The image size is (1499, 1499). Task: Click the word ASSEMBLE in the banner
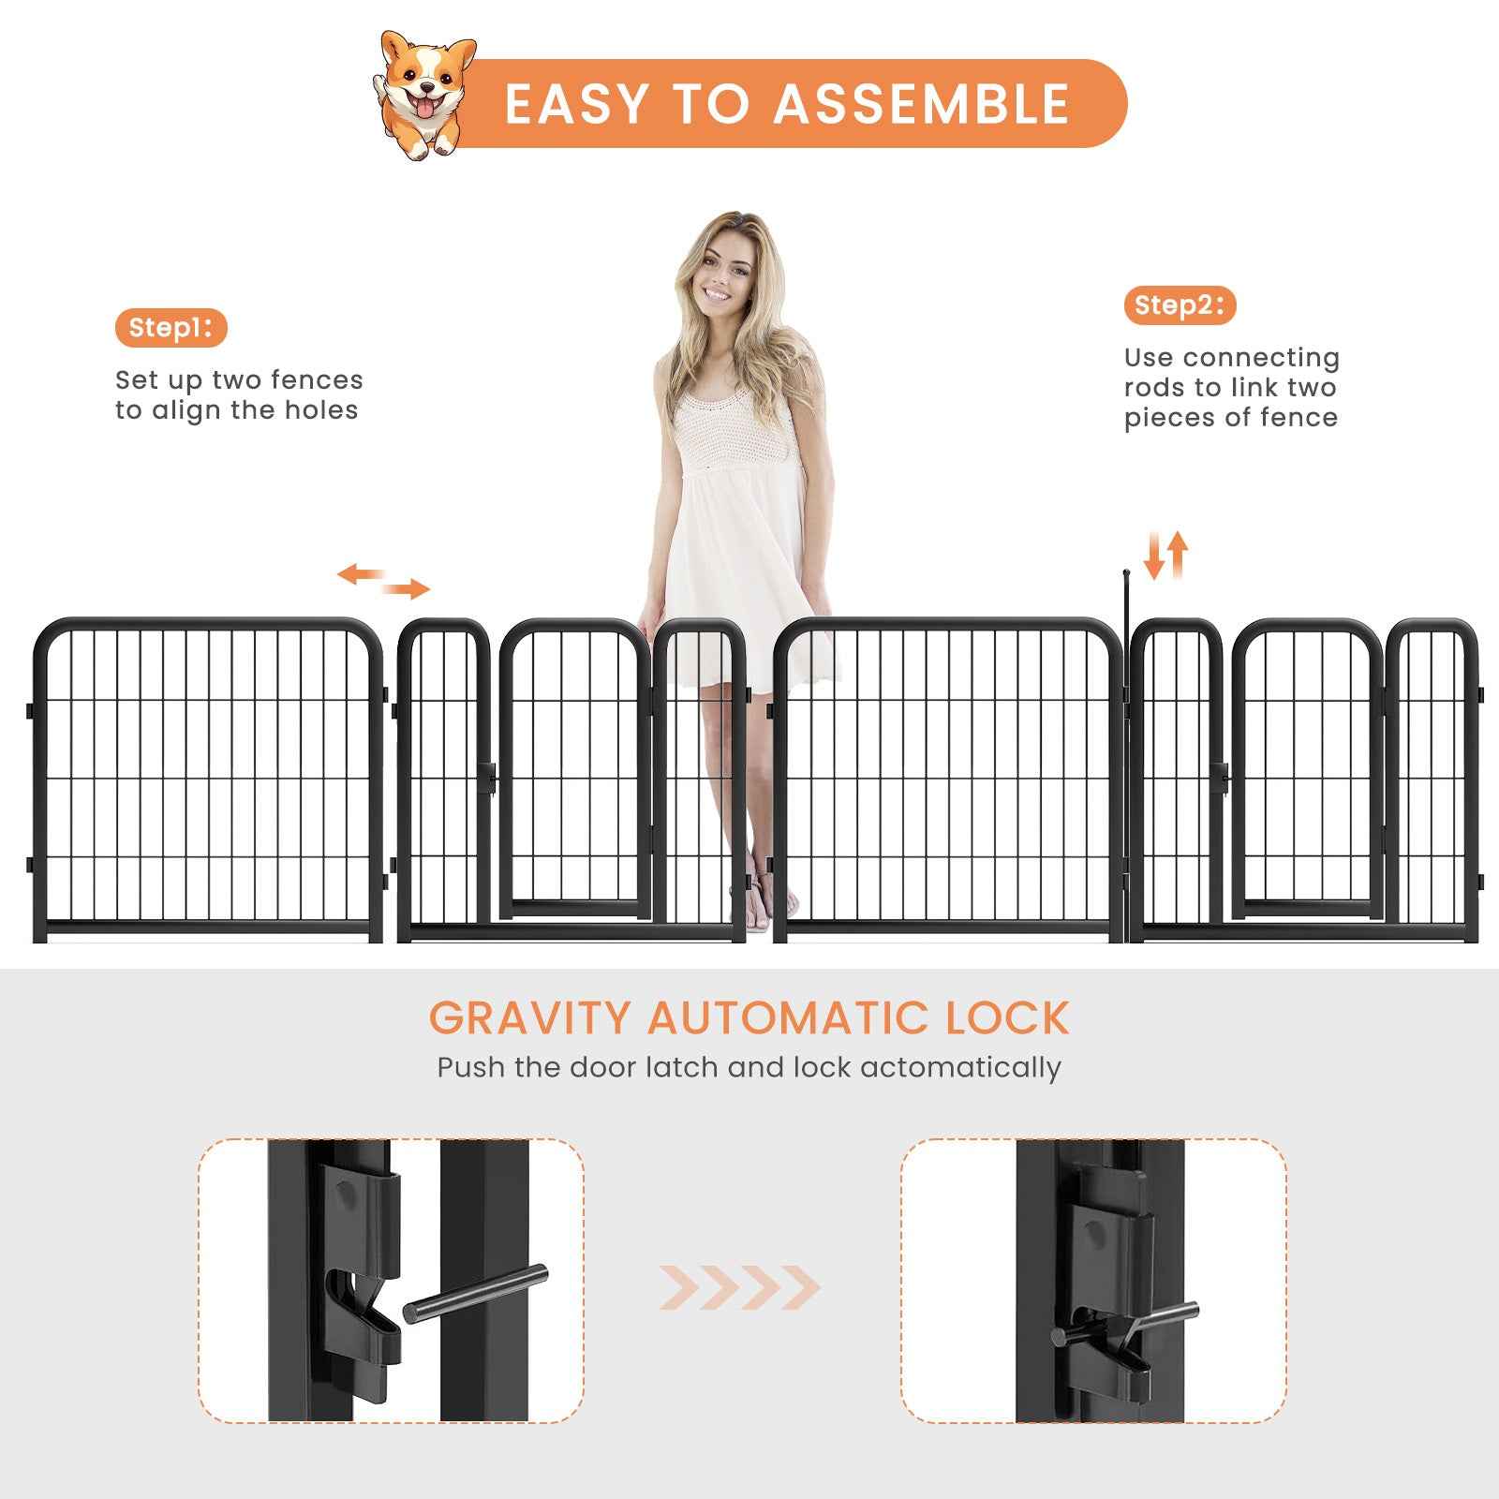click(x=922, y=104)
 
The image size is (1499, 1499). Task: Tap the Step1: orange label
click(x=171, y=328)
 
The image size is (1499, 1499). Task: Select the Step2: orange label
click(x=1180, y=305)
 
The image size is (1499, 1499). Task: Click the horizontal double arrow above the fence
click(x=383, y=581)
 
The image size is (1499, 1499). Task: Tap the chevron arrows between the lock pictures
click(x=739, y=1287)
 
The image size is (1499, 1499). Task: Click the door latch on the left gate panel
click(x=487, y=776)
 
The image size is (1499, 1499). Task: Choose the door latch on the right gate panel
click(x=1219, y=776)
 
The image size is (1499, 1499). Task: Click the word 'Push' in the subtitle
click(x=471, y=1068)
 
